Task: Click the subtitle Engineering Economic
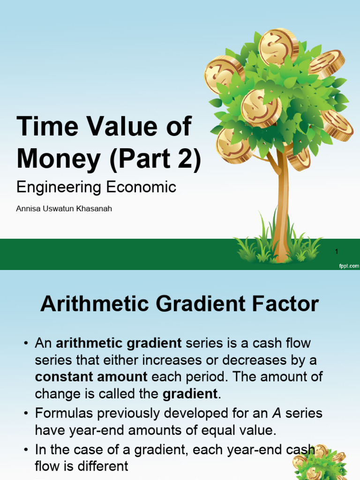coord(96,187)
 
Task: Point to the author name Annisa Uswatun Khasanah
coord(64,209)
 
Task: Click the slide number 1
coord(337,252)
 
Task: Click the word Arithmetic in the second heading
coord(96,304)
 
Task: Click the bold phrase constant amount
coord(91,376)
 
